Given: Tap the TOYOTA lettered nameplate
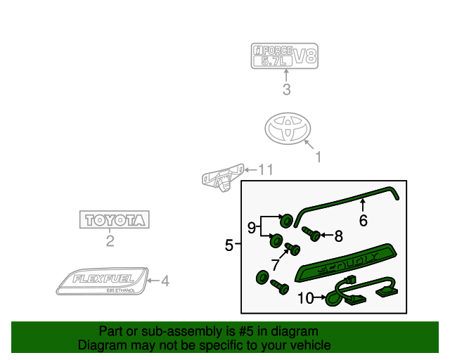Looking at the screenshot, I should point(113,219).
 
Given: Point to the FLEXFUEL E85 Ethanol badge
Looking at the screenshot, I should point(102,281).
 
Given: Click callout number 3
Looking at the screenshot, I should point(286,89).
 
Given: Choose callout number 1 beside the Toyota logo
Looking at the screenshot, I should point(318,157).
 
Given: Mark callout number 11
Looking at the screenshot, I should point(264,169).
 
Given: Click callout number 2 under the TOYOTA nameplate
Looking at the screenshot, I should point(110,243).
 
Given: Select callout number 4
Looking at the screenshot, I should point(165,281).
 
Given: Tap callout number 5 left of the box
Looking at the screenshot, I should point(229,245).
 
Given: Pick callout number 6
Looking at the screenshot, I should point(364,220).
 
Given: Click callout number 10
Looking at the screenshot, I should point(305,298).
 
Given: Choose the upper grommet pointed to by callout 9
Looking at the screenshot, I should point(287,221).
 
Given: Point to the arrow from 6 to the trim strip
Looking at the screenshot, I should point(362,205).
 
